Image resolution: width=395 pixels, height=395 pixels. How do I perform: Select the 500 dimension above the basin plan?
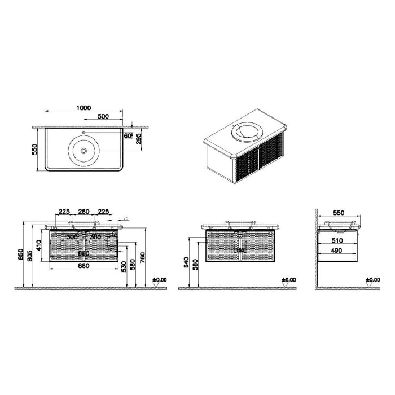[103, 117]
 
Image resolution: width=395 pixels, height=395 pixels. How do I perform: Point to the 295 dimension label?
[138, 139]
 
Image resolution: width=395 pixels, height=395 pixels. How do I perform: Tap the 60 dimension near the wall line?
[128, 135]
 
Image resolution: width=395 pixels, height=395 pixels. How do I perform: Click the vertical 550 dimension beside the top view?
[34, 150]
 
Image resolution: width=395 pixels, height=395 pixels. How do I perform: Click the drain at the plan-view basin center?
[84, 151]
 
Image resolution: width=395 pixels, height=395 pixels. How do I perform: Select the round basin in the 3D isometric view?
[248, 132]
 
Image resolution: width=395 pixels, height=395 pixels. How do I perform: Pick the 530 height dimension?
[123, 265]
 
